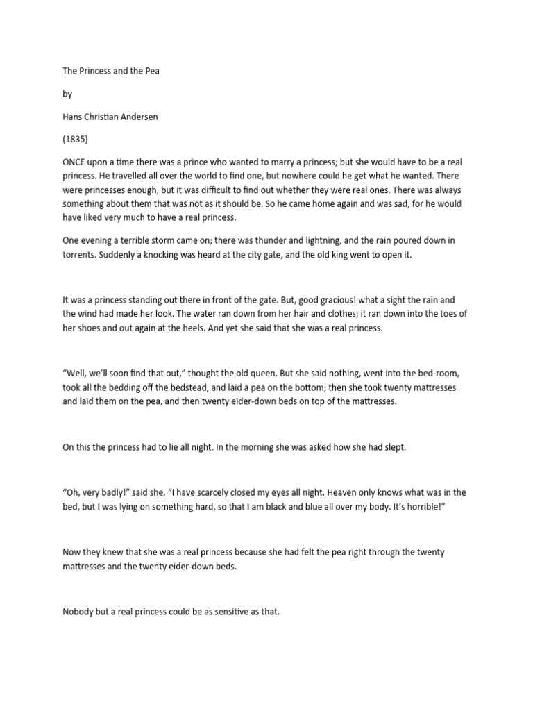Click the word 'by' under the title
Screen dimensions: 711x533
click(67, 94)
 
